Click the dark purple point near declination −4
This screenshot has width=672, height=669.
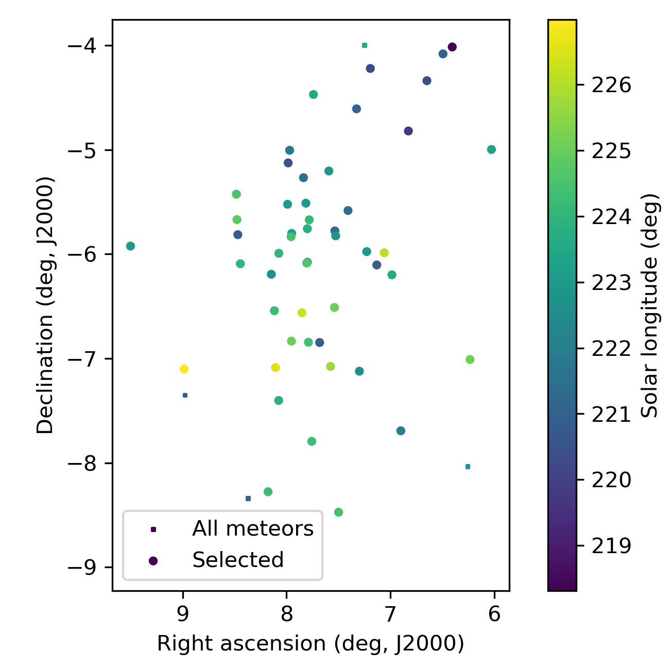click(452, 47)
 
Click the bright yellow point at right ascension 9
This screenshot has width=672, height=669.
click(184, 369)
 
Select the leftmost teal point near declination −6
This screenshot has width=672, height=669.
click(130, 246)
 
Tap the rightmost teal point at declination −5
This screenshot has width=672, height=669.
click(491, 149)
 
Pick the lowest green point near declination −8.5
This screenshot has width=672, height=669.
click(338, 512)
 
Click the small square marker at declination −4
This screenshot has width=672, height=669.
click(365, 45)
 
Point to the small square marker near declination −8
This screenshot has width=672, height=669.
click(468, 467)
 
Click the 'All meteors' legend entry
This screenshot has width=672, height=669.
click(252, 529)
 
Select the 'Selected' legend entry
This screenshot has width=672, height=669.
click(238, 560)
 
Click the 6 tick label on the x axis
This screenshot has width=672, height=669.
click(494, 614)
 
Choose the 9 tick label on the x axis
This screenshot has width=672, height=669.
click(182, 614)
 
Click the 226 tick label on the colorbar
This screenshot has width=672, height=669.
click(611, 85)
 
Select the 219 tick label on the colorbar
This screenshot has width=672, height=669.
click(611, 546)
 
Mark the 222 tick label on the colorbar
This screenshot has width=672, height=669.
click(611, 349)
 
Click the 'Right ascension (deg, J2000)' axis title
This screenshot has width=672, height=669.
click(311, 644)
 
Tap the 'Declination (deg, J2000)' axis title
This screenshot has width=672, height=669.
click(45, 305)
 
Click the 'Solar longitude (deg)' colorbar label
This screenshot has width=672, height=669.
click(651, 305)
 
